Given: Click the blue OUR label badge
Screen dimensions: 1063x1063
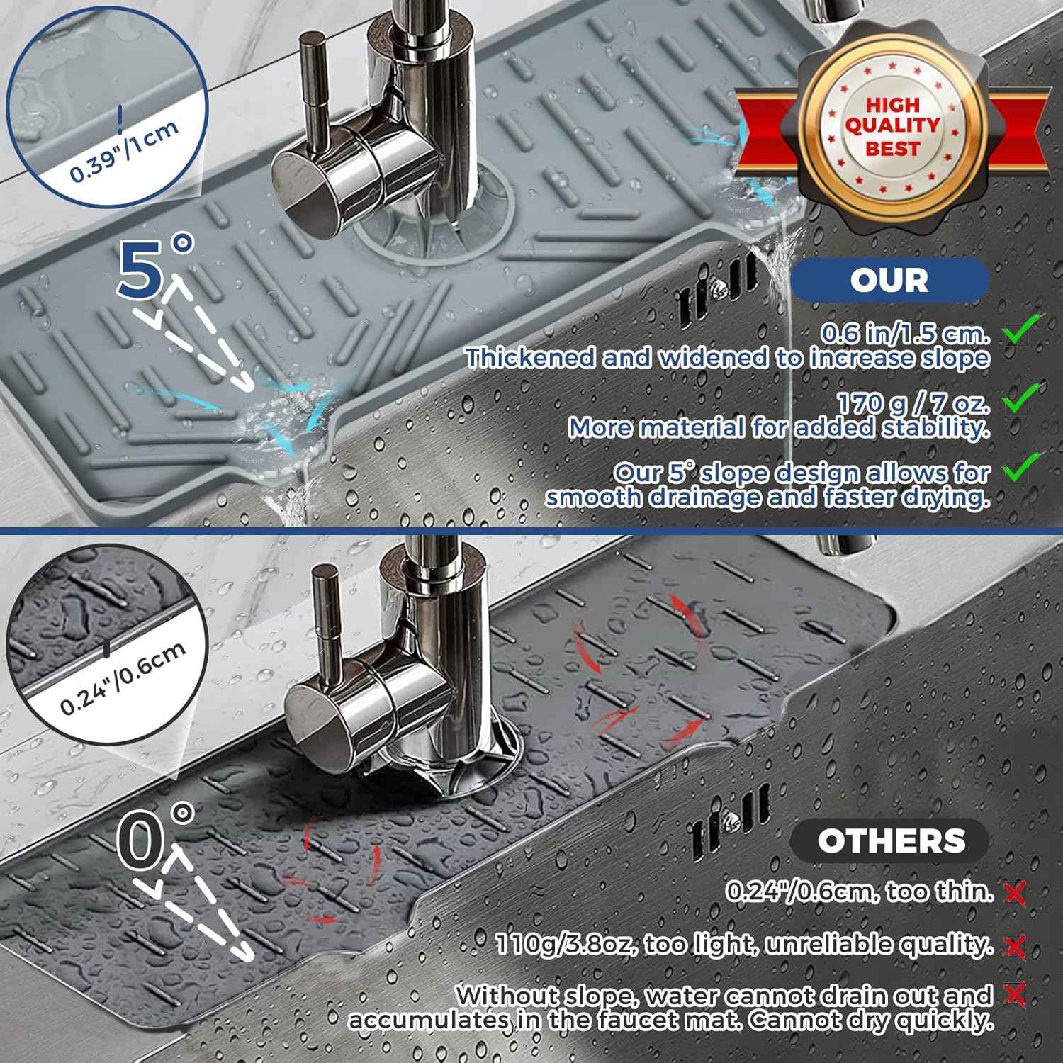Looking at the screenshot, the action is click(889, 279).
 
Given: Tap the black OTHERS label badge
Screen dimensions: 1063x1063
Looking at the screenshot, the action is click(890, 841).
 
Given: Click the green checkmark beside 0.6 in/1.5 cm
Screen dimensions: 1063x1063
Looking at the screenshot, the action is click(1020, 329).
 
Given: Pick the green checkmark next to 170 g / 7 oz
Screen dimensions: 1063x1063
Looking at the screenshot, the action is click(1020, 397).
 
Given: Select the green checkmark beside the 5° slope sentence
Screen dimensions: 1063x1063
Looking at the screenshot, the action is click(1020, 468).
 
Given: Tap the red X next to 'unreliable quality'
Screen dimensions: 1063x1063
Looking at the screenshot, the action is click(1016, 945).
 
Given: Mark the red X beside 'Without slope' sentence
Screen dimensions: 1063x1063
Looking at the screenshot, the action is click(1016, 995).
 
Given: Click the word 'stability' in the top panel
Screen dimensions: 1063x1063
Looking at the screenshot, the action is click(935, 428).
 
